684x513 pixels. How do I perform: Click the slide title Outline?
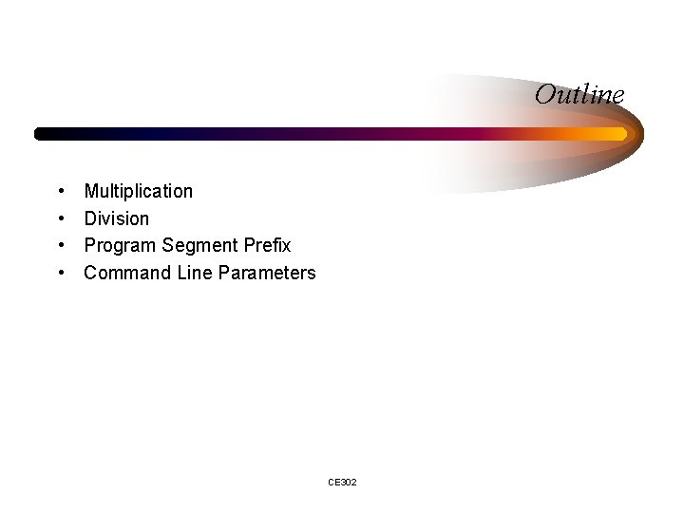(x=579, y=95)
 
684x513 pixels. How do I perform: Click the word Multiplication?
(x=138, y=191)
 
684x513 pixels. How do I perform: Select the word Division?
(x=117, y=218)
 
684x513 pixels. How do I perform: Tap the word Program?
(x=121, y=246)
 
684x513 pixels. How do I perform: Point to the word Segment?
(x=199, y=246)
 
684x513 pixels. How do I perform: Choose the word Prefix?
(x=266, y=245)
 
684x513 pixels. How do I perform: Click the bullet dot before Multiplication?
(x=61, y=192)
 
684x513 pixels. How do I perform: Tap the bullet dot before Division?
(x=61, y=219)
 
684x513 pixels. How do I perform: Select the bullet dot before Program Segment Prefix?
(x=61, y=246)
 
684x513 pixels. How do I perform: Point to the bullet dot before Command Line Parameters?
(x=61, y=274)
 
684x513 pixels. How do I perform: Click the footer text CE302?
(x=342, y=483)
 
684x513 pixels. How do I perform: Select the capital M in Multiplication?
(x=92, y=191)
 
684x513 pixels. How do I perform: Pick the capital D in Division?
(x=91, y=218)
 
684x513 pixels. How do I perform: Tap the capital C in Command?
(x=91, y=273)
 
